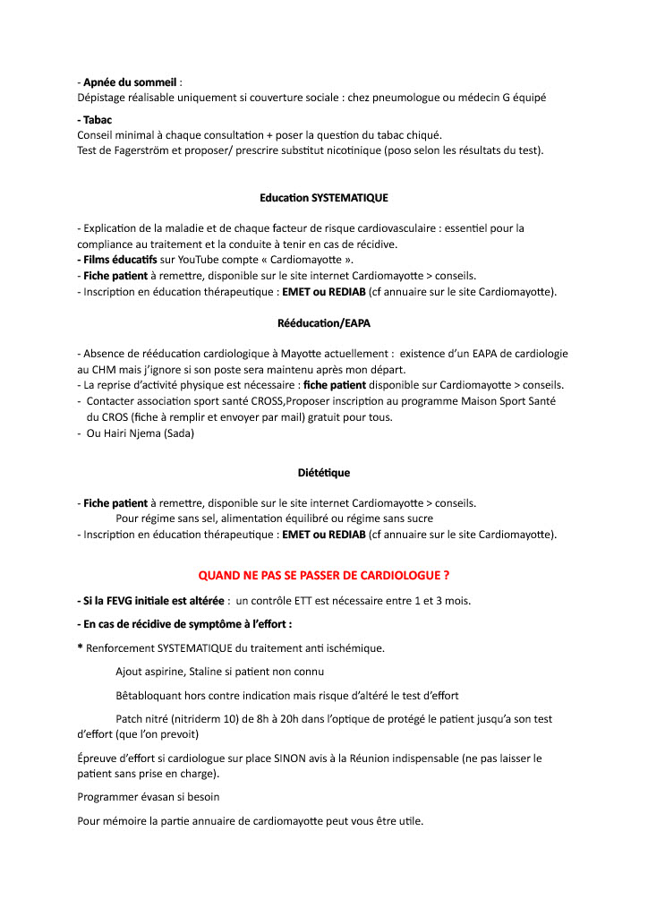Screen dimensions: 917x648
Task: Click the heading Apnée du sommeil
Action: [x=129, y=82]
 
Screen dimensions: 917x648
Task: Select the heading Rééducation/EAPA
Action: [x=324, y=322]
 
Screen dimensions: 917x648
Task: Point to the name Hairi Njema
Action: [x=130, y=433]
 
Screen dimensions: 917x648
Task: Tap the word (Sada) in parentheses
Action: [x=178, y=433]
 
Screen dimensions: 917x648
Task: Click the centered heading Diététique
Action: [x=324, y=472]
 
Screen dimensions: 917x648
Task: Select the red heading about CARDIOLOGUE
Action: [x=324, y=574]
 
